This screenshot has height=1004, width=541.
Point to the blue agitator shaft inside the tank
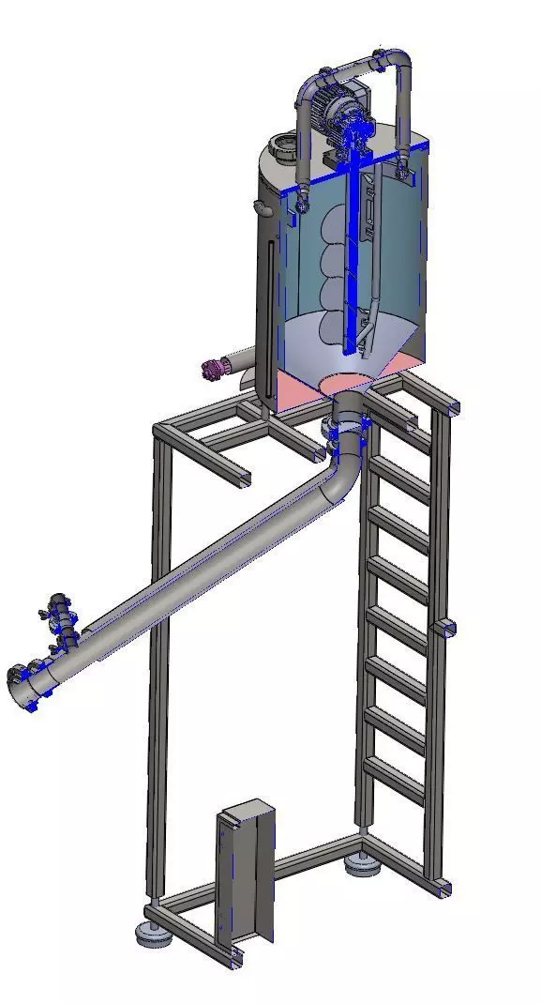point(355,253)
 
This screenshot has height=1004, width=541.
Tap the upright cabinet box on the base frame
point(246,873)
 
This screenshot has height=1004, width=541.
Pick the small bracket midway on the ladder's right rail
point(447,626)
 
